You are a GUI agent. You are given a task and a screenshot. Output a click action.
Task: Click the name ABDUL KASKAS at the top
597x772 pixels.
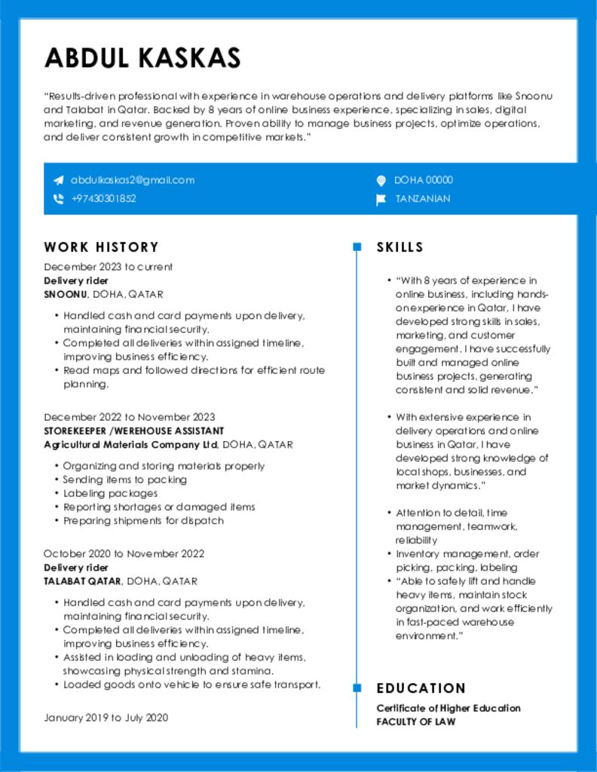point(142,58)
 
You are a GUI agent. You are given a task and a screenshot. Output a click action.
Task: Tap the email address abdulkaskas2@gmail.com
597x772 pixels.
point(133,180)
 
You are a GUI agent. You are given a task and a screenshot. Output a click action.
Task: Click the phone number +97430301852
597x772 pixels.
point(103,199)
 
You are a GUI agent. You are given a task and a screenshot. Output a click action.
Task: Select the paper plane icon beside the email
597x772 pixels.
point(58,180)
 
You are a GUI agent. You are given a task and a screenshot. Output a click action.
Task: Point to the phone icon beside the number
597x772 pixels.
point(58,199)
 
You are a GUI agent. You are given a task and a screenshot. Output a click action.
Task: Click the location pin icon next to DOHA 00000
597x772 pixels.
point(381,180)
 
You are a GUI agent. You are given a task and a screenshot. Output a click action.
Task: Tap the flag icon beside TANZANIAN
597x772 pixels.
point(381,199)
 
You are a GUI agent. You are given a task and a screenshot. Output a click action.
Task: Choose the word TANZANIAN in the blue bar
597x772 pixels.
point(423,199)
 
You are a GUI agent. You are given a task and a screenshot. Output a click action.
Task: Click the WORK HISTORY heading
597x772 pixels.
point(101,247)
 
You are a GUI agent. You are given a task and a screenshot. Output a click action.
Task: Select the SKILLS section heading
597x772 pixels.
point(400,247)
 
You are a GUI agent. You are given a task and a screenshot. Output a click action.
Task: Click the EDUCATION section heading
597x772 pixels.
point(421,688)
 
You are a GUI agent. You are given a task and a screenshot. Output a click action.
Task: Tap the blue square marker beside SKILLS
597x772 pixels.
point(357,247)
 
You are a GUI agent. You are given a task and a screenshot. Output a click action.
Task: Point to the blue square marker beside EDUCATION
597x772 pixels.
point(357,688)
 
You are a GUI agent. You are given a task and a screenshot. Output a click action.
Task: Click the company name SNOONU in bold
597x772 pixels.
point(66,294)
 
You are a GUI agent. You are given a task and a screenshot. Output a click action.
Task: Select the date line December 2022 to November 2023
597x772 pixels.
point(129,417)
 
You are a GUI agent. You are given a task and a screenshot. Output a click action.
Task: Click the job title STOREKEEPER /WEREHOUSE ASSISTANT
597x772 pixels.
point(133,430)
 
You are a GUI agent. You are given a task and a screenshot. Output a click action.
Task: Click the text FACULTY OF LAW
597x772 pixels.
point(415,721)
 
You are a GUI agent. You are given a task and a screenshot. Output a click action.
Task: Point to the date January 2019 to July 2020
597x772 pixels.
point(106,718)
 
